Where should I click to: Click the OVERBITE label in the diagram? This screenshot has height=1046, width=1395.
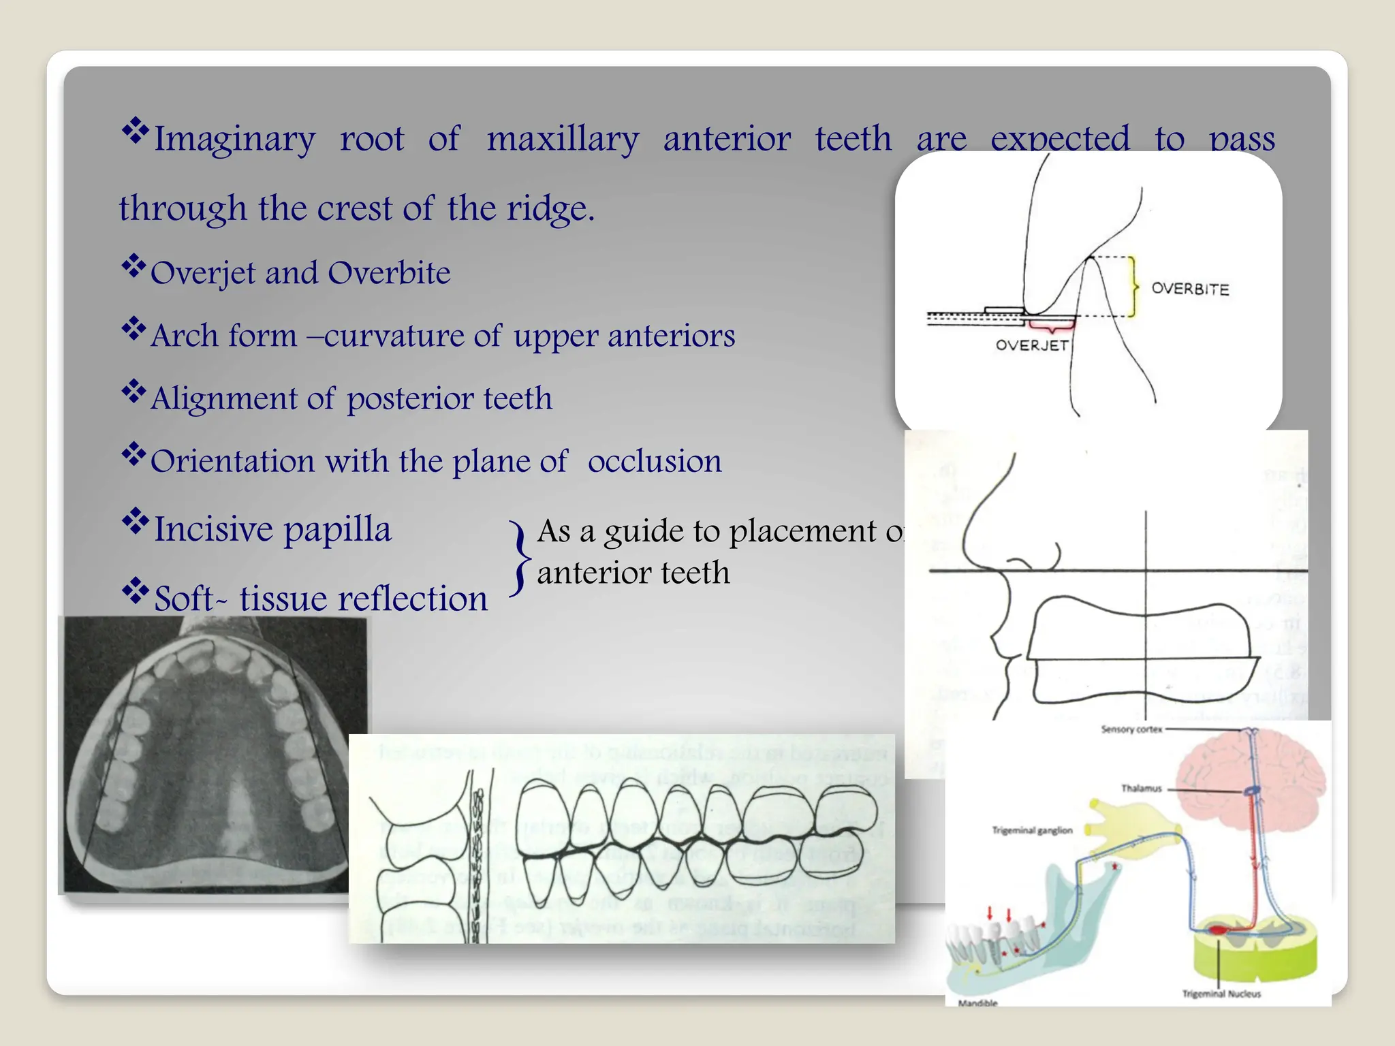[1190, 289]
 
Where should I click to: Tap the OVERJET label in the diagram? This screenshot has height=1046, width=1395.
[1031, 345]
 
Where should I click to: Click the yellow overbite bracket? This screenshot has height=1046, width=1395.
[1133, 287]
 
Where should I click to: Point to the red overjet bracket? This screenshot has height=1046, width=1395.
[1051, 325]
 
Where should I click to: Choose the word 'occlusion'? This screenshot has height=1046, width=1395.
[654, 462]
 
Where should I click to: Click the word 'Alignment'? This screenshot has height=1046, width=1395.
[224, 399]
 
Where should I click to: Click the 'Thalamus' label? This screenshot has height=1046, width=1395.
[1142, 789]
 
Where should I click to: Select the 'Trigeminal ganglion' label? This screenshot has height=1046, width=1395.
[1032, 831]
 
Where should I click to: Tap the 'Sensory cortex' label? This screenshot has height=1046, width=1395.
[1131, 729]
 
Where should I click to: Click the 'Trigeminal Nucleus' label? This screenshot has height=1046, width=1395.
[1221, 994]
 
